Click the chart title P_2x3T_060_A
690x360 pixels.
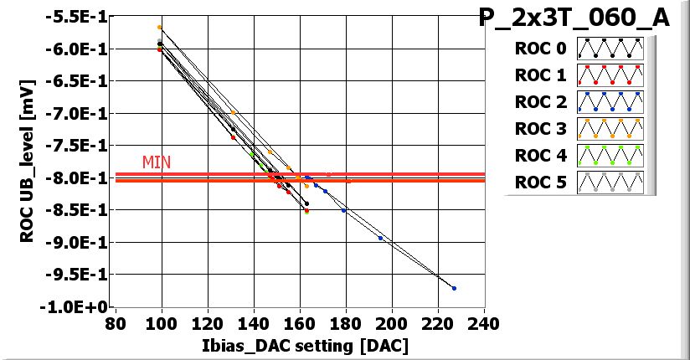pyautogui.click(x=574, y=18)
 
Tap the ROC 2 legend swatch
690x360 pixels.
pyautogui.click(x=608, y=102)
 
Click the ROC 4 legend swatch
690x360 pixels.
pyautogui.click(x=608, y=156)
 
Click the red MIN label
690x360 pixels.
pyautogui.click(x=157, y=162)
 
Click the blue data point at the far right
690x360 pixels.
pyautogui.click(x=454, y=288)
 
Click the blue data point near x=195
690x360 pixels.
pyautogui.click(x=381, y=238)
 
